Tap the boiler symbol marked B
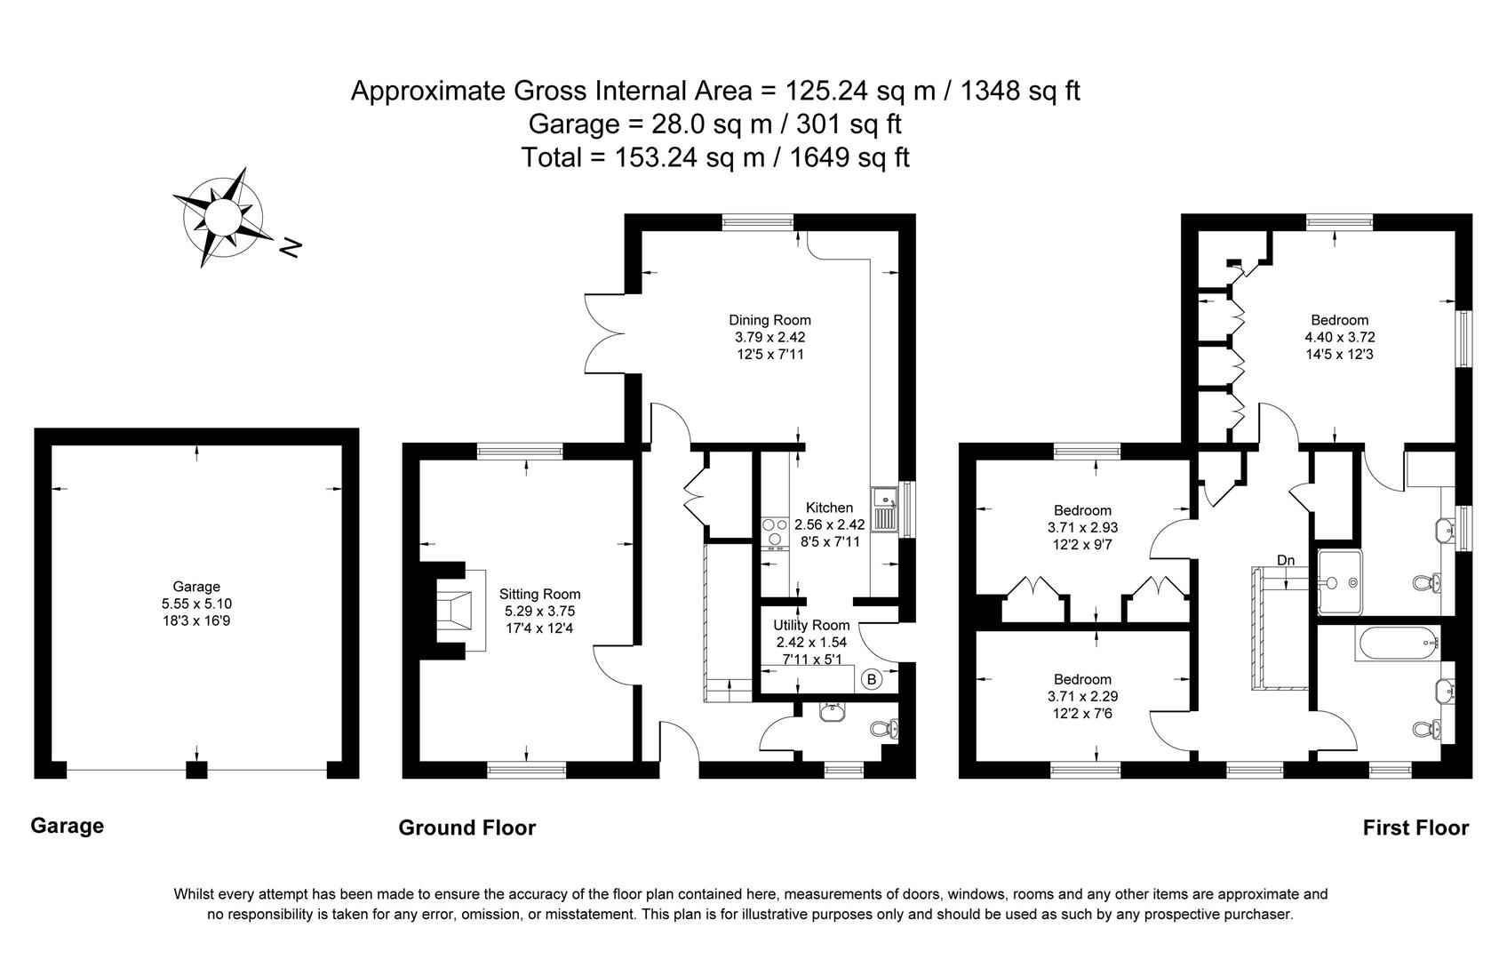tap(871, 679)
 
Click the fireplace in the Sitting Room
tap(458, 611)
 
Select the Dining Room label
tap(769, 320)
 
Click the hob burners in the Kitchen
tap(775, 532)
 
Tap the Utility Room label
tap(811, 625)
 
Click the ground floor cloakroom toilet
tap(884, 730)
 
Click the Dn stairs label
tap(1286, 560)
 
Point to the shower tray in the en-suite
tap(1340, 582)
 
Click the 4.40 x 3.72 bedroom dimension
tap(1339, 337)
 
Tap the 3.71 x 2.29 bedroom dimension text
tap(1082, 696)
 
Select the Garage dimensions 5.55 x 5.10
tap(196, 604)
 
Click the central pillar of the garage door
tap(196, 770)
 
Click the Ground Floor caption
tap(466, 828)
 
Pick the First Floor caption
tap(1415, 828)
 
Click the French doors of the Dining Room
tap(602, 333)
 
